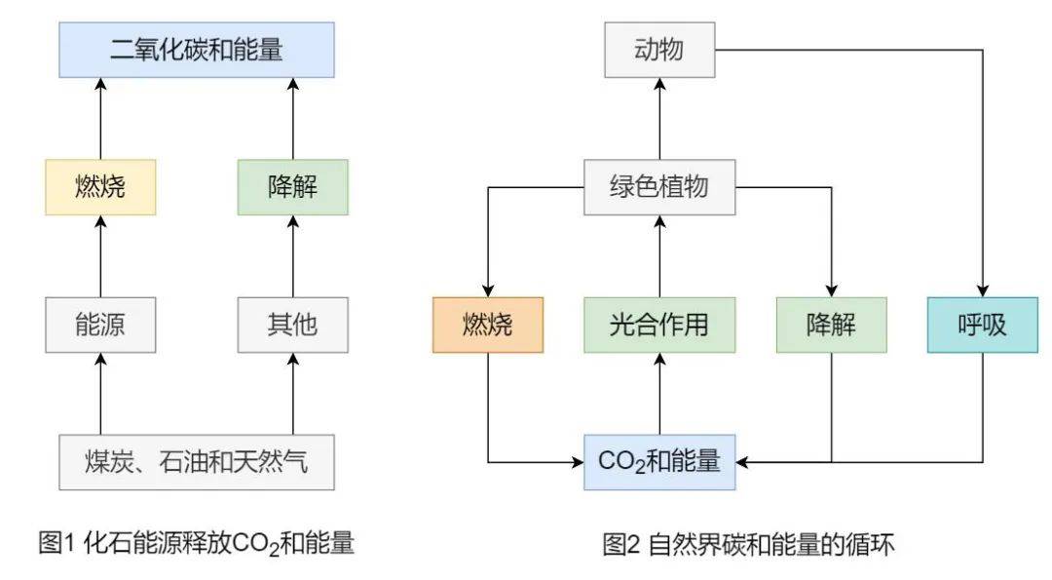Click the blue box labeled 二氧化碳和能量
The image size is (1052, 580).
click(196, 50)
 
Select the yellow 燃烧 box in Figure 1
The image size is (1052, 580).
click(100, 186)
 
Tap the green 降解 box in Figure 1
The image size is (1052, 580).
click(292, 186)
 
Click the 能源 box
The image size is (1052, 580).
click(100, 325)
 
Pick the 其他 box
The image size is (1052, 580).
click(292, 325)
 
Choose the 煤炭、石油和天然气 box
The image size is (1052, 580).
click(196, 461)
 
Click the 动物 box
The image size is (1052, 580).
click(658, 50)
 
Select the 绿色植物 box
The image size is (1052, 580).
click(658, 186)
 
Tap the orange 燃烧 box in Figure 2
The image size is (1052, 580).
click(487, 325)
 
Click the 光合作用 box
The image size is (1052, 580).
click(658, 325)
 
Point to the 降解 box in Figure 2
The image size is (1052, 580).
click(831, 325)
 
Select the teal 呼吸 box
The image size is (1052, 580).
click(982, 325)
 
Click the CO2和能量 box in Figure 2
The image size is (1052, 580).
click(658, 461)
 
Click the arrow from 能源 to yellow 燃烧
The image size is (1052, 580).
click(100, 256)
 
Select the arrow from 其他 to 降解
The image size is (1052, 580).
click(292, 256)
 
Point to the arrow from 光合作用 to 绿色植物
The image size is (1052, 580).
click(658, 256)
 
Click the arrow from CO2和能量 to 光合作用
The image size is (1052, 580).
click(658, 394)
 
